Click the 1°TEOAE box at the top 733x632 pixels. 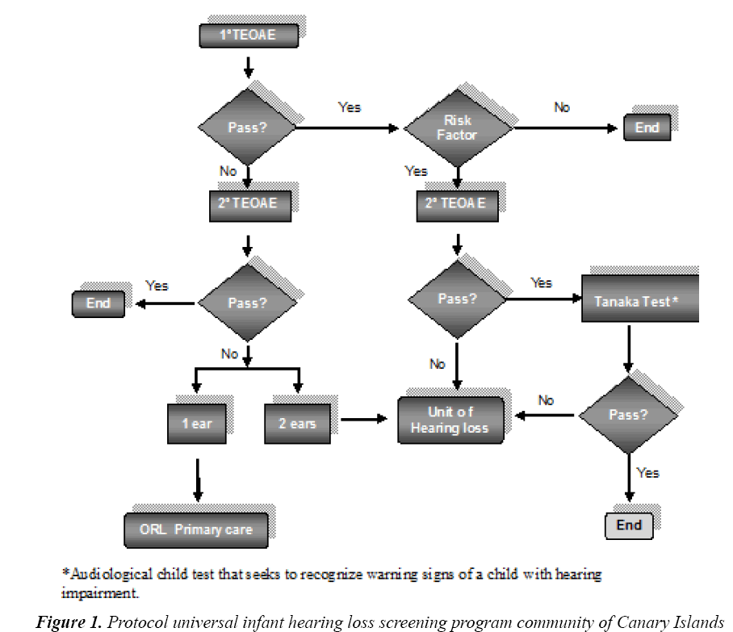pyautogui.click(x=248, y=36)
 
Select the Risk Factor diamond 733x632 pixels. pyautogui.click(x=458, y=128)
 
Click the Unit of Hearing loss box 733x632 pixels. pyautogui.click(x=450, y=420)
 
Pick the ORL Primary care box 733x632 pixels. pyautogui.click(x=196, y=529)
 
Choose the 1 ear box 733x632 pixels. pyautogui.click(x=196, y=423)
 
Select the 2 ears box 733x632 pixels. pyautogui.click(x=297, y=422)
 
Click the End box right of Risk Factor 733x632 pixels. pyautogui.click(x=647, y=128)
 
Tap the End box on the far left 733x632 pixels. pyautogui.click(x=98, y=304)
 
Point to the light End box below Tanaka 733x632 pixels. pyautogui.click(x=629, y=525)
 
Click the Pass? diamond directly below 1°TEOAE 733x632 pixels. pyautogui.click(x=247, y=128)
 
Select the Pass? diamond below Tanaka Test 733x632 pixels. pyautogui.click(x=628, y=415)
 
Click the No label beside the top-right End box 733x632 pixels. pyautogui.click(x=562, y=107)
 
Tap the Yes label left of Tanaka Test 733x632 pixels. pyautogui.click(x=541, y=283)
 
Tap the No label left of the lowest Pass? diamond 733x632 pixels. pyautogui.click(x=547, y=400)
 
